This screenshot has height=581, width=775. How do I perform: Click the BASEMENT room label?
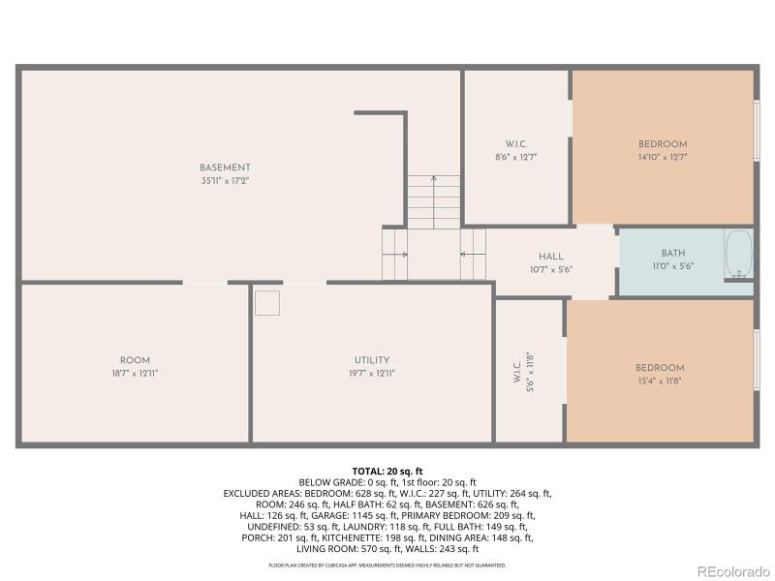(225, 168)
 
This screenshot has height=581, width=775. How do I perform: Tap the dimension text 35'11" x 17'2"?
(225, 181)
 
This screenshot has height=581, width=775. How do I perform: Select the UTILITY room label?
(371, 360)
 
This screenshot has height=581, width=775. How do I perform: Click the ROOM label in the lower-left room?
(135, 360)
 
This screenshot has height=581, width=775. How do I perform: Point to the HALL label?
(551, 257)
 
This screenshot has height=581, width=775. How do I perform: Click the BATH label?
(672, 254)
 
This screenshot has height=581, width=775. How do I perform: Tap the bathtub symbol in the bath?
(739, 254)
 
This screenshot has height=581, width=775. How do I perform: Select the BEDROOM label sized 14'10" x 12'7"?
(663, 144)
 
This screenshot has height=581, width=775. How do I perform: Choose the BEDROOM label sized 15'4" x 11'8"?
(660, 368)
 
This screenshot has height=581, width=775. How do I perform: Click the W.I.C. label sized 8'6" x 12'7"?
(515, 144)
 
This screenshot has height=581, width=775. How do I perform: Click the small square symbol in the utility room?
(267, 302)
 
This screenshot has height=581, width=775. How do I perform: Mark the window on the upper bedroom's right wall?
(757, 130)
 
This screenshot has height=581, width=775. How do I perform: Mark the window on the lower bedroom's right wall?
(757, 359)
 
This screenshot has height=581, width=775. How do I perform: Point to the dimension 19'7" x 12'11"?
(371, 373)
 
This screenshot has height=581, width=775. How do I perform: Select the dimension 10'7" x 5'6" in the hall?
(551, 269)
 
